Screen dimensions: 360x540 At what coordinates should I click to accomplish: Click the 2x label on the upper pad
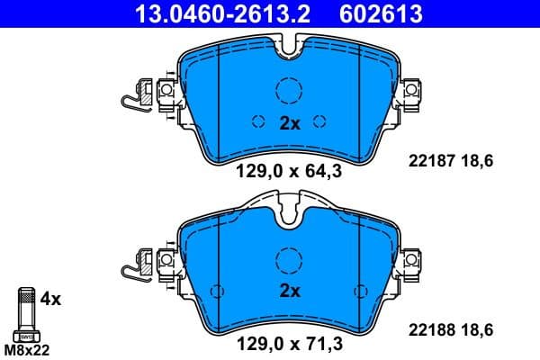pyautogui.click(x=289, y=123)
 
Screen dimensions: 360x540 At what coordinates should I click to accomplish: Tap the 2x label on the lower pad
pyautogui.click(x=289, y=291)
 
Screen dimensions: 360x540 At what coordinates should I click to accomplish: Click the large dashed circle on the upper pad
pyautogui.click(x=290, y=92)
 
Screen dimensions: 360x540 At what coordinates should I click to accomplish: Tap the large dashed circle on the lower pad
pyautogui.click(x=290, y=260)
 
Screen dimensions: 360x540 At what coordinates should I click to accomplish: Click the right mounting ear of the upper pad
pyautogui.click(x=411, y=91)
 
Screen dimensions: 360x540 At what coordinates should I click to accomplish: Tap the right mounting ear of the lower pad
pyautogui.click(x=411, y=262)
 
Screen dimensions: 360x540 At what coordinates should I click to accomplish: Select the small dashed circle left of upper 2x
pyautogui.click(x=258, y=123)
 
